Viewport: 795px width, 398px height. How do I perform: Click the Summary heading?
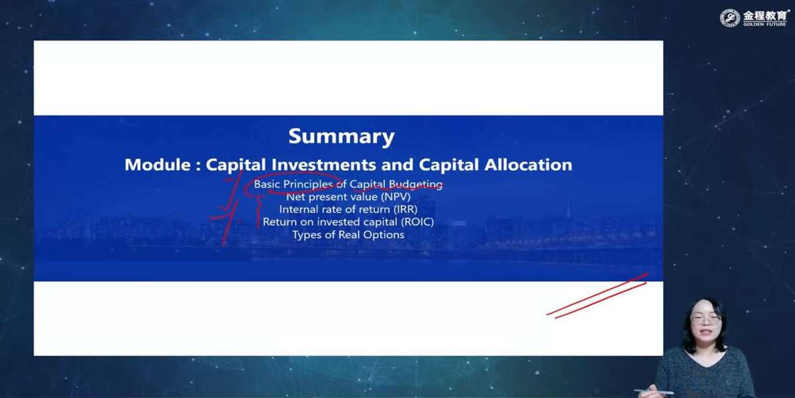(341, 137)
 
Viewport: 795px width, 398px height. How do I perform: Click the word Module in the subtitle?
(158, 165)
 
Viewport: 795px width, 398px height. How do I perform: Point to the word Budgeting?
(415, 185)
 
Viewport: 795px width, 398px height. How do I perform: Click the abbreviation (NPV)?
(396, 197)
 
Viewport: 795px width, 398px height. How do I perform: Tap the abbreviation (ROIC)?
(417, 222)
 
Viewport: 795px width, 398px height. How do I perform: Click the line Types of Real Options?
(348, 235)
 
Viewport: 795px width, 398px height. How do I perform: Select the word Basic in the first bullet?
(267, 184)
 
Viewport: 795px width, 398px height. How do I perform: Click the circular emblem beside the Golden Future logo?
(730, 18)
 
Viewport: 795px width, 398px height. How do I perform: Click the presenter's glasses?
(706, 320)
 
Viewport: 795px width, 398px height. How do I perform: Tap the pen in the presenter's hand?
(654, 391)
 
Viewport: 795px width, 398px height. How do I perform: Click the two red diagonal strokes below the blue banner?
(598, 296)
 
